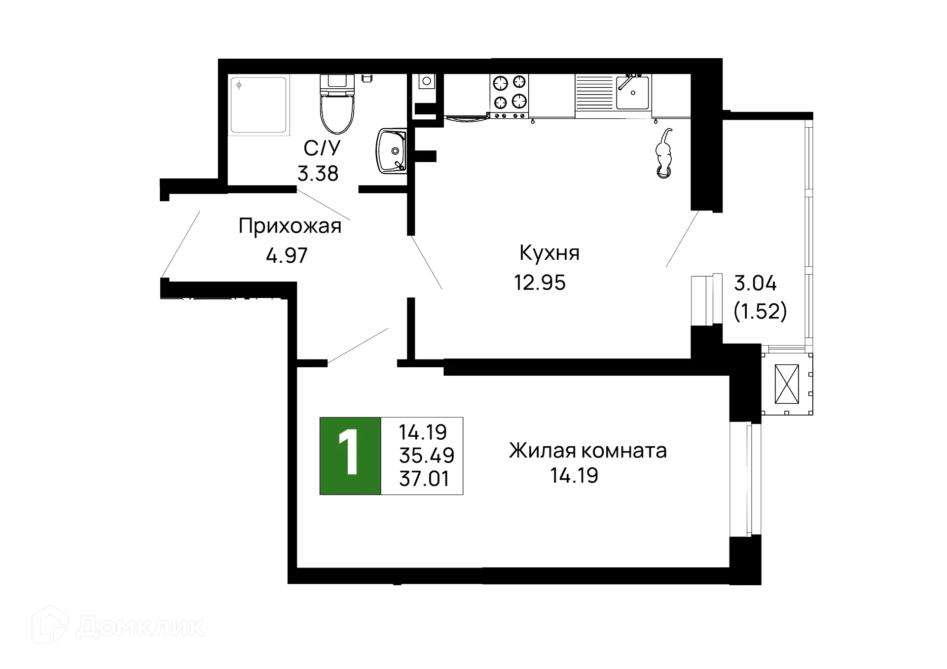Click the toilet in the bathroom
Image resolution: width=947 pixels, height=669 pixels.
[x=337, y=106]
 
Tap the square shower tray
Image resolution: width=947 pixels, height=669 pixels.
[x=258, y=104]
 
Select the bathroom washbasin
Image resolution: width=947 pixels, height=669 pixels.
[x=391, y=150]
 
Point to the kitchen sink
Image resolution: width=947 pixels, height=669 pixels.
[x=633, y=92]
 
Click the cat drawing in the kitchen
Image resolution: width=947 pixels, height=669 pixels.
[x=664, y=153]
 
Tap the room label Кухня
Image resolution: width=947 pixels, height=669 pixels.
[x=549, y=253]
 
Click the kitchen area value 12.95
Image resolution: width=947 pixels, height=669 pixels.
[x=540, y=282]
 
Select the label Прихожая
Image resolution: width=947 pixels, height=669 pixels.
[x=290, y=226]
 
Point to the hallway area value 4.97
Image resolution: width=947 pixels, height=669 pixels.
[x=287, y=255]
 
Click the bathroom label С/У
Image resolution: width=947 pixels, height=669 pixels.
[x=322, y=148]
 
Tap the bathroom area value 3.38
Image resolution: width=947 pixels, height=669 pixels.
[x=318, y=173]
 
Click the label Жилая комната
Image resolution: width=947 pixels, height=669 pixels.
[x=587, y=451]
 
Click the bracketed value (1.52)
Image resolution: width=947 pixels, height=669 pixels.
[x=760, y=311]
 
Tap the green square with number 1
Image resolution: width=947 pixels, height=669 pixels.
[x=350, y=455]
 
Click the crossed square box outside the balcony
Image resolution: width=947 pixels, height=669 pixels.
[x=786, y=384]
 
